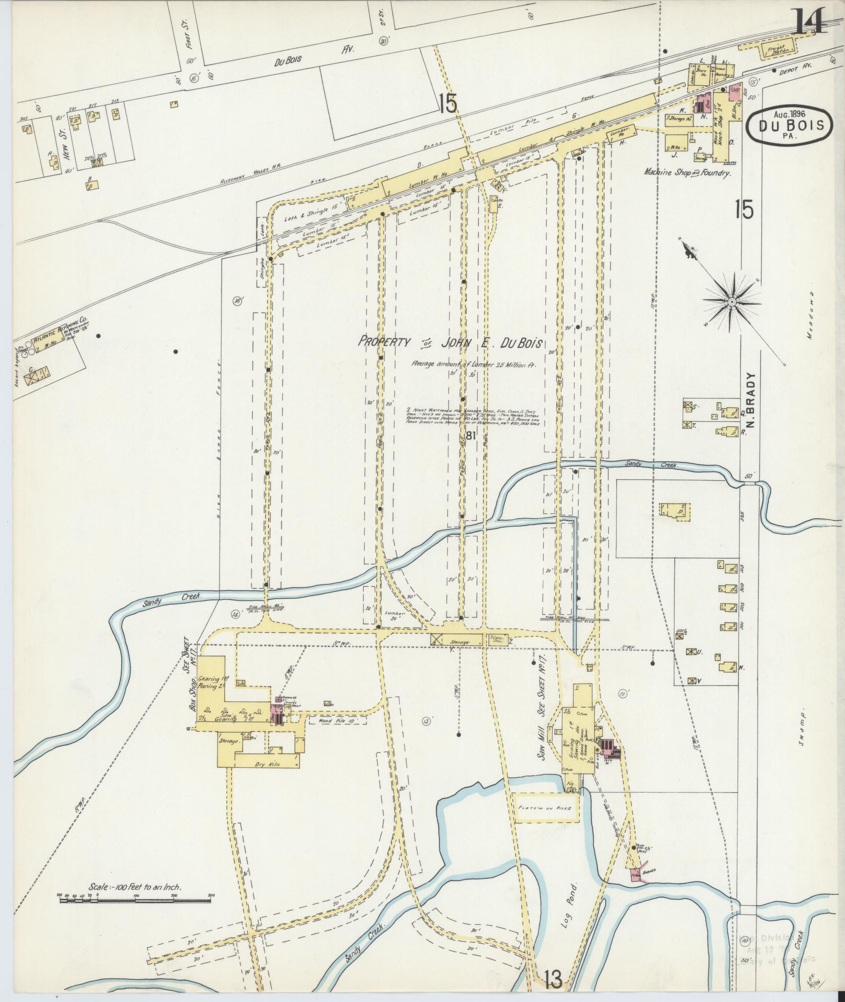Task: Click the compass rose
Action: (x=731, y=302)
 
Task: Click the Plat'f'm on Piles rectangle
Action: (x=547, y=822)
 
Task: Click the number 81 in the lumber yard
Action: (x=470, y=434)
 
